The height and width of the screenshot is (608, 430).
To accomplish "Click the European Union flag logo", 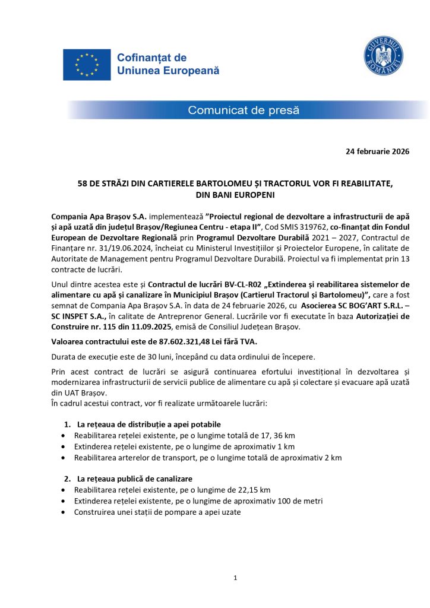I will click(87, 65).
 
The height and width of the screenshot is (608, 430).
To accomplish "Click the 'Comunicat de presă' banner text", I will click(244, 110).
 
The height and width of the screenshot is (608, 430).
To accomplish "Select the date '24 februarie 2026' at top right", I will click(377, 151).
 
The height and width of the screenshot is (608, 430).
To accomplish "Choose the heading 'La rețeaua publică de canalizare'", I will click(135, 479).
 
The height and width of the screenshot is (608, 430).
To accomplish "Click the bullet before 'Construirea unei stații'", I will click(63, 512).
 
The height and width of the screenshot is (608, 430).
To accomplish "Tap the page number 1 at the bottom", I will click(236, 577).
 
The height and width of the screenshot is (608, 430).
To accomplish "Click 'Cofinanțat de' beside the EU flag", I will click(151, 58).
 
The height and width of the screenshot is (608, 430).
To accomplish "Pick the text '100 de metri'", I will click(302, 501).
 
